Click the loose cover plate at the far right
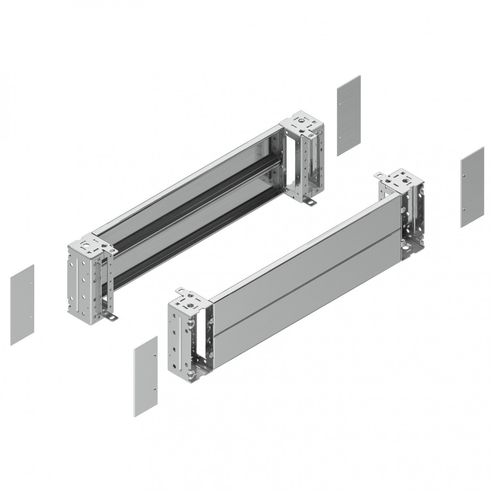coord(472,187)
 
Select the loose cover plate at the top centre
coord(348,116)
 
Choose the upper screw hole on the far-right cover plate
coord(463,175)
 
